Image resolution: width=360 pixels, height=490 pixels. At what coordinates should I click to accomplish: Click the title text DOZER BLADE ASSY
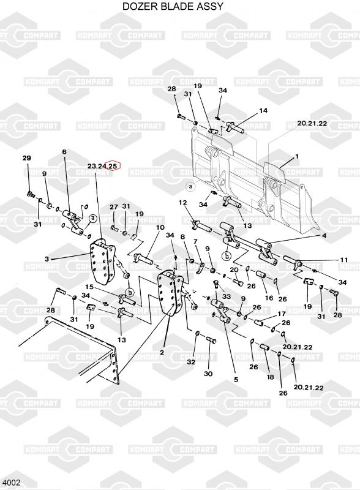tap(173, 6)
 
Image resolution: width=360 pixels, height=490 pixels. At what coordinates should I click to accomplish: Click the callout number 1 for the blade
tap(297, 156)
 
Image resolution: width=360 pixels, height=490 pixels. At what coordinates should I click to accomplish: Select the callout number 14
tap(263, 110)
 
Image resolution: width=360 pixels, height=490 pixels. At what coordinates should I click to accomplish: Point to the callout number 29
tap(27, 158)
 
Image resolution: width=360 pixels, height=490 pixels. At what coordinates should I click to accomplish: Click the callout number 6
tap(64, 152)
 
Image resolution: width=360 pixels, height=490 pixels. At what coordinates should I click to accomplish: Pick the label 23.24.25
tap(103, 166)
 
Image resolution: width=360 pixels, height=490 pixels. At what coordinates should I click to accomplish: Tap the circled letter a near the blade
tap(190, 187)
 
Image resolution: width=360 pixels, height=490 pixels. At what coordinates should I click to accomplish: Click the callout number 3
tap(47, 258)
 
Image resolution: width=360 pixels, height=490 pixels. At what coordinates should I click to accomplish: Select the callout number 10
tap(160, 227)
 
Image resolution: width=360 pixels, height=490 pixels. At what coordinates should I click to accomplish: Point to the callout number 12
tap(183, 203)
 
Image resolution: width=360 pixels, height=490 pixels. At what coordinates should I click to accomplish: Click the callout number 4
tap(324, 236)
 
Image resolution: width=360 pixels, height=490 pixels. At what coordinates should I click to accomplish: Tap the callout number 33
tap(227, 296)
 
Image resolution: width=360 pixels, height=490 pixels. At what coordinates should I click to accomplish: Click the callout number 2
tap(162, 352)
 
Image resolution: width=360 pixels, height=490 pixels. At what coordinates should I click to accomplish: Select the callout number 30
tap(208, 374)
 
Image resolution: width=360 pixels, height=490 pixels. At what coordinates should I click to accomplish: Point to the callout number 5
tap(236, 380)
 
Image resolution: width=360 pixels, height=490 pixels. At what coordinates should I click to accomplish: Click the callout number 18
tap(271, 377)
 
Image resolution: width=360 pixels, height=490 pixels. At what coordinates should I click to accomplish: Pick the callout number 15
tap(89, 287)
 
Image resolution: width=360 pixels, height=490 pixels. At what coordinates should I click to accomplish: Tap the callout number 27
tap(114, 207)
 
